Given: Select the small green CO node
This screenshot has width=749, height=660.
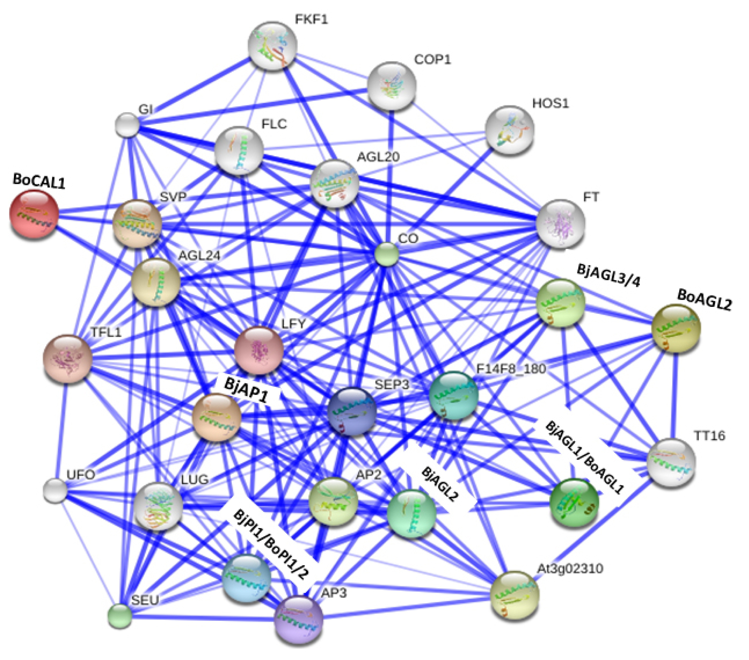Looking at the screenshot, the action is click(387, 254).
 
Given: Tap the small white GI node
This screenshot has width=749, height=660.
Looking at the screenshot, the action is click(127, 125).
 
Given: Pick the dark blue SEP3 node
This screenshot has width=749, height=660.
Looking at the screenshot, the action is click(352, 411).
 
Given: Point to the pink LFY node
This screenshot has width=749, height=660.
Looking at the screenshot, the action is click(259, 350).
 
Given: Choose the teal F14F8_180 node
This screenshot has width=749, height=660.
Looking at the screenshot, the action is click(454, 395).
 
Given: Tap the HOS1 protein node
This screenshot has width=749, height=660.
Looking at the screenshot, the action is click(509, 130).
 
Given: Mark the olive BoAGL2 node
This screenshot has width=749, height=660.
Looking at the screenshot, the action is click(676, 328).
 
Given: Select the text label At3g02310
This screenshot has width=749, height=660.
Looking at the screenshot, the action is click(570, 569).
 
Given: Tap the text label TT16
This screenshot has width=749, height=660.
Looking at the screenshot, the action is click(709, 436).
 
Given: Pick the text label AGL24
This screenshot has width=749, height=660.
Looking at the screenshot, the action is click(199, 255).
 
